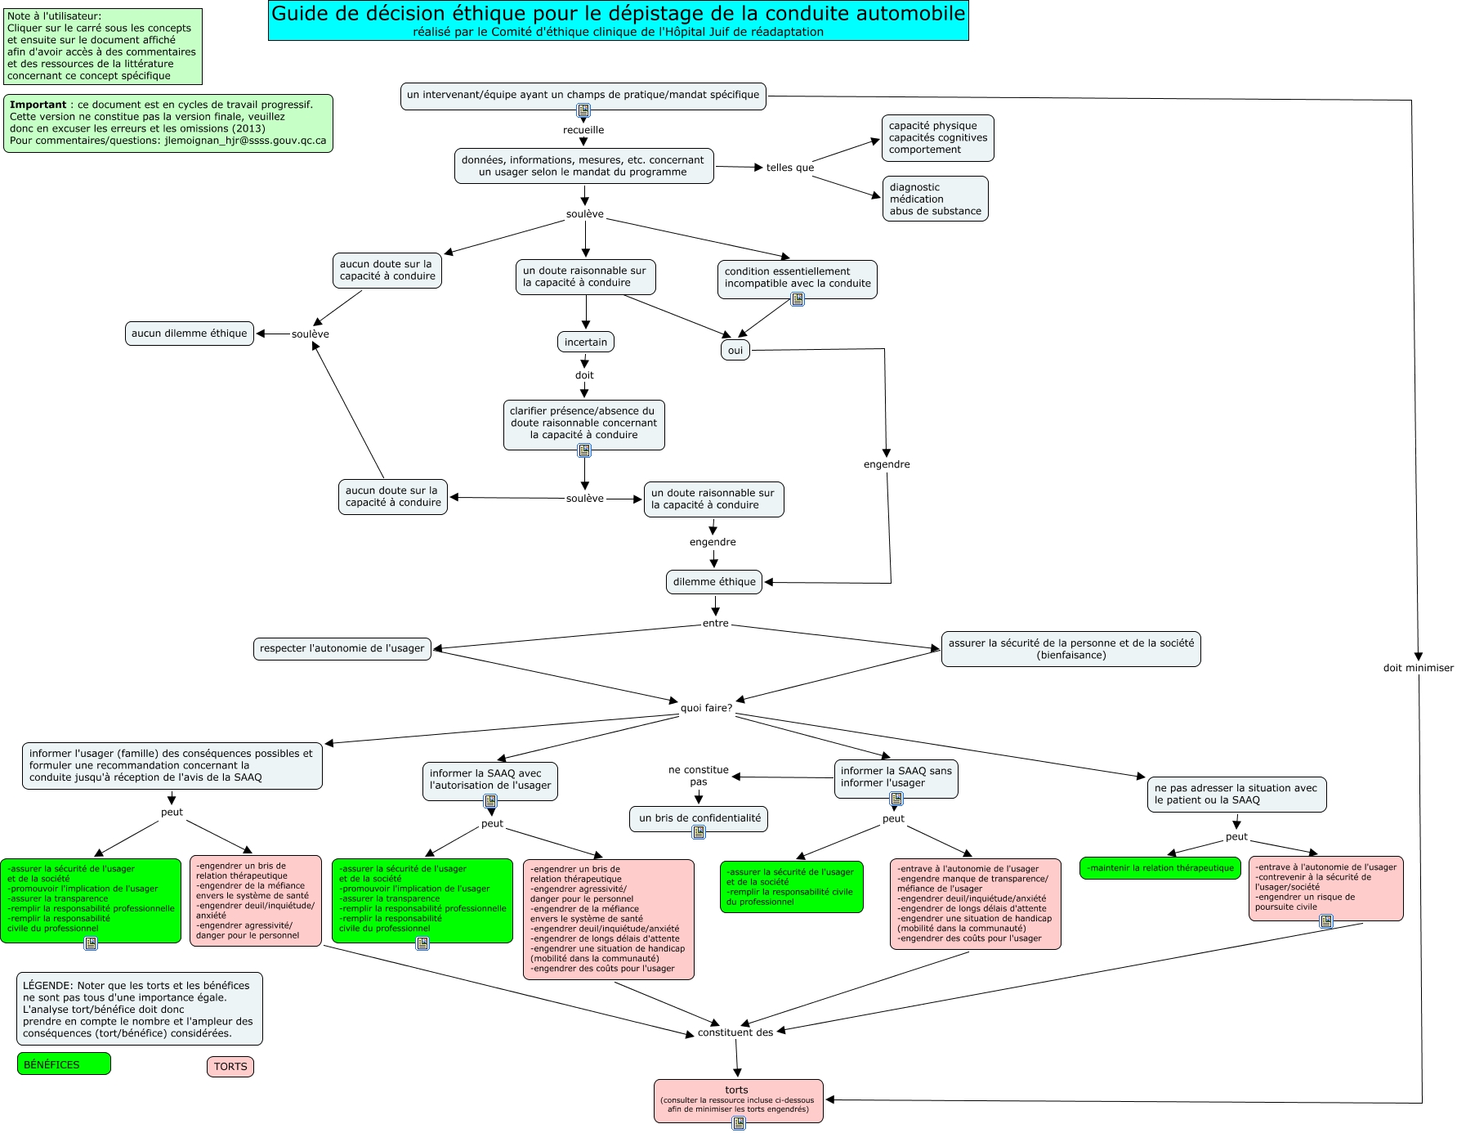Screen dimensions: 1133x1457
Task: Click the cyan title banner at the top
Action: tap(618, 20)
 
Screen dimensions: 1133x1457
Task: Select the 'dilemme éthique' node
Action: tap(714, 582)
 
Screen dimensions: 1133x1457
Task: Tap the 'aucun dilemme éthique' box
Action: tap(189, 334)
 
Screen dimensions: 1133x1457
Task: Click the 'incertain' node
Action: tap(586, 343)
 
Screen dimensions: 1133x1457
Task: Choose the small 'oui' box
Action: tap(735, 351)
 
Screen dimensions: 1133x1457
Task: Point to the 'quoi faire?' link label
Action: tap(707, 708)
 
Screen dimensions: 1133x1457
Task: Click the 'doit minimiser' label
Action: tap(1418, 668)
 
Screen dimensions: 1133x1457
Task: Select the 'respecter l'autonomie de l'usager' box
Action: tap(342, 649)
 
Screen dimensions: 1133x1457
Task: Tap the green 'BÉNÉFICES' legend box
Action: tap(64, 1064)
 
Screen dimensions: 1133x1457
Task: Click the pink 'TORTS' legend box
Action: tap(230, 1067)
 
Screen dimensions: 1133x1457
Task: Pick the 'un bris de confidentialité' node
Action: tap(699, 818)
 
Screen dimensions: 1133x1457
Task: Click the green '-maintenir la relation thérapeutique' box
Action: tap(1160, 868)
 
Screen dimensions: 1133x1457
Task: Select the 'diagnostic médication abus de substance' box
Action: tap(935, 199)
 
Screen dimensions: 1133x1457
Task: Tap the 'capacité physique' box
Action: tap(937, 137)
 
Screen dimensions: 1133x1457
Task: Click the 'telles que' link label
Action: tap(789, 168)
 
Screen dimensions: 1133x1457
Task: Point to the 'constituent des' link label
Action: tap(735, 1032)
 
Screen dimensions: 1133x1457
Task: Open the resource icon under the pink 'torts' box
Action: tap(739, 1123)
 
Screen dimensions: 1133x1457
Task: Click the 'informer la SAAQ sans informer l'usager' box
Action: tap(896, 777)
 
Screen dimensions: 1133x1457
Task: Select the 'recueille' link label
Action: tap(583, 130)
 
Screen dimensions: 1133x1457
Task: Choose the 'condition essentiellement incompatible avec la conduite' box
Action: tap(797, 278)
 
